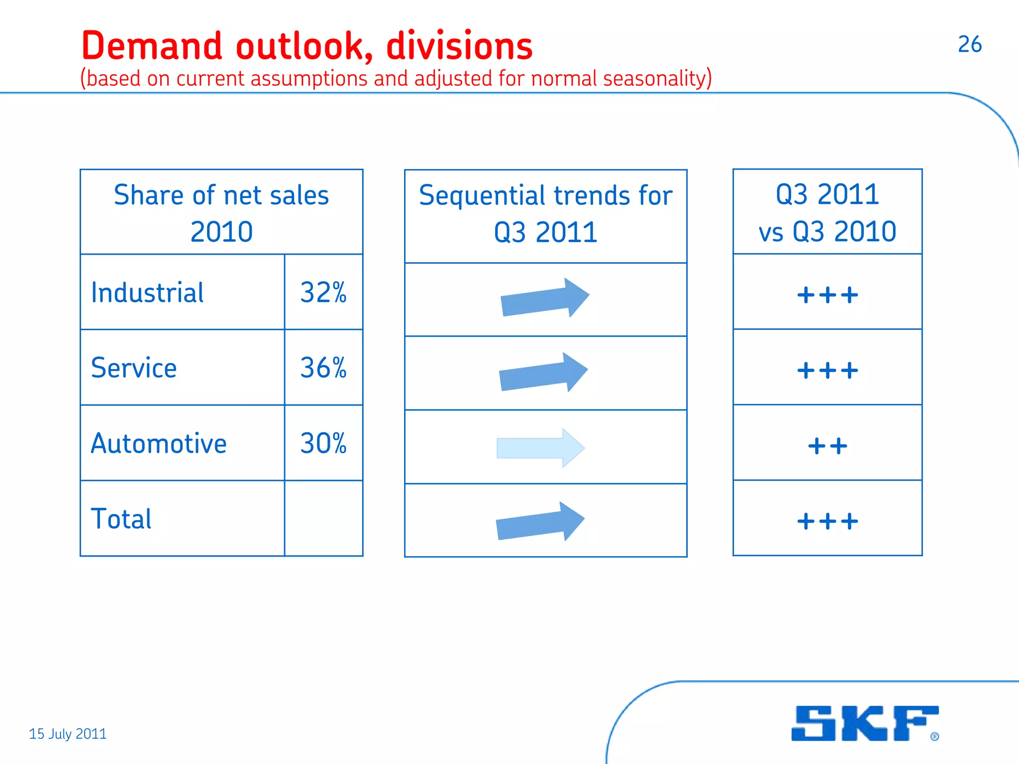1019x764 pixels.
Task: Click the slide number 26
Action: (969, 45)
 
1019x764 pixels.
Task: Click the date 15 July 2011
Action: (68, 734)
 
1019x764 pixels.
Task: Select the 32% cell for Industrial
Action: (323, 292)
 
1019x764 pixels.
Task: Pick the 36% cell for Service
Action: (323, 368)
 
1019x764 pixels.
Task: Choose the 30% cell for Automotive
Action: (323, 444)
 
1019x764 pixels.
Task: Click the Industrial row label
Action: (147, 292)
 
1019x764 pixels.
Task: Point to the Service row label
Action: (134, 368)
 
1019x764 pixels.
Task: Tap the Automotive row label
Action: (159, 444)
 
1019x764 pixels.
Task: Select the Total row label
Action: (121, 519)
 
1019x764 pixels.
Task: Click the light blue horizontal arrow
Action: (540, 448)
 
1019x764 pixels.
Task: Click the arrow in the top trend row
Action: (545, 298)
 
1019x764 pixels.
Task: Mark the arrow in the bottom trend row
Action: (540, 521)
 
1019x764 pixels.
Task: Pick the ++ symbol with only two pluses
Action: (827, 446)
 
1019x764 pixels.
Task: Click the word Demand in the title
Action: (152, 46)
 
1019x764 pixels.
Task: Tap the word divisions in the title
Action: (459, 46)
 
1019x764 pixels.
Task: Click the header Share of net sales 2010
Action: (221, 213)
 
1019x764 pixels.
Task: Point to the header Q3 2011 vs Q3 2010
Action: (827, 212)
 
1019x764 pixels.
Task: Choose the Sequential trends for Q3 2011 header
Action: (545, 214)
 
